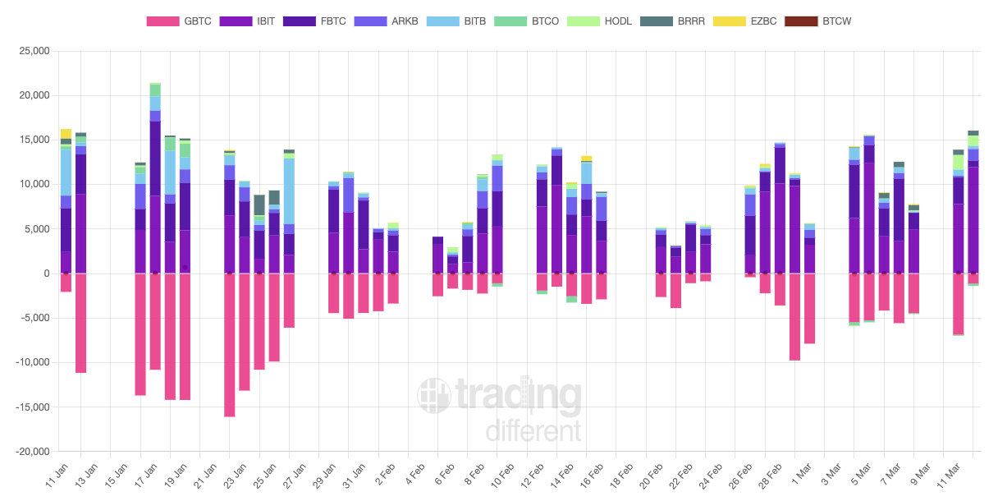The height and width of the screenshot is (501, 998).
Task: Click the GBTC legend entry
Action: pyautogui.click(x=178, y=21)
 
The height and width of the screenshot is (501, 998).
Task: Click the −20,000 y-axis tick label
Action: pyautogui.click(x=30, y=452)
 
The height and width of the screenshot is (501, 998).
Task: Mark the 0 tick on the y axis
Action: pyautogui.click(x=46, y=273)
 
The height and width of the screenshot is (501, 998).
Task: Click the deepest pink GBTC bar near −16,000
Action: pyautogui.click(x=230, y=345)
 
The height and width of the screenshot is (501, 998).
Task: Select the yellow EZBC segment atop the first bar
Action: pyautogui.click(x=66, y=133)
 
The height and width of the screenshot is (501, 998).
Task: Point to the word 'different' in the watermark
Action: pyautogui.click(x=533, y=430)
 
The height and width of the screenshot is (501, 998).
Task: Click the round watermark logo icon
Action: pyautogui.click(x=433, y=396)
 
